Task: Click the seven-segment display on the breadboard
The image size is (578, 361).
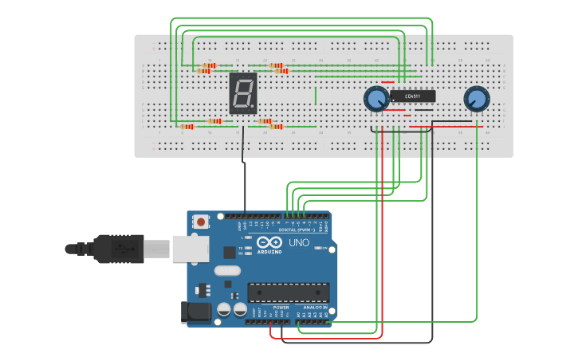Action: pyautogui.click(x=243, y=93)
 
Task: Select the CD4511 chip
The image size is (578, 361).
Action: pyautogui.click(x=412, y=96)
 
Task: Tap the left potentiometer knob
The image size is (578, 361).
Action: pyautogui.click(x=376, y=99)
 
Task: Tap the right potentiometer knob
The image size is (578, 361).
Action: pyautogui.click(x=476, y=99)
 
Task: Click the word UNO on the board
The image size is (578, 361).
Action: pyautogui.click(x=298, y=241)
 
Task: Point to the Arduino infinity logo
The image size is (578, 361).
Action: pyautogui.click(x=269, y=241)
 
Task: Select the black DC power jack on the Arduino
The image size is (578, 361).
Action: pyautogui.click(x=196, y=312)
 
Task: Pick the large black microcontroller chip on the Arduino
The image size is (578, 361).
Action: pyautogui.click(x=288, y=292)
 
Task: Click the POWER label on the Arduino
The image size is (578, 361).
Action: pyautogui.click(x=281, y=307)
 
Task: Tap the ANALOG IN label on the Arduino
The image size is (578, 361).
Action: pyautogui.click(x=314, y=307)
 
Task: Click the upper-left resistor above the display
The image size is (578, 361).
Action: pyautogui.click(x=209, y=65)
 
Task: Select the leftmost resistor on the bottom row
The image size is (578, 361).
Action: pyautogui.click(x=187, y=127)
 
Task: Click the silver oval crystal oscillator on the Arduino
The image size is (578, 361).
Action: pyautogui.click(x=226, y=270)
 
